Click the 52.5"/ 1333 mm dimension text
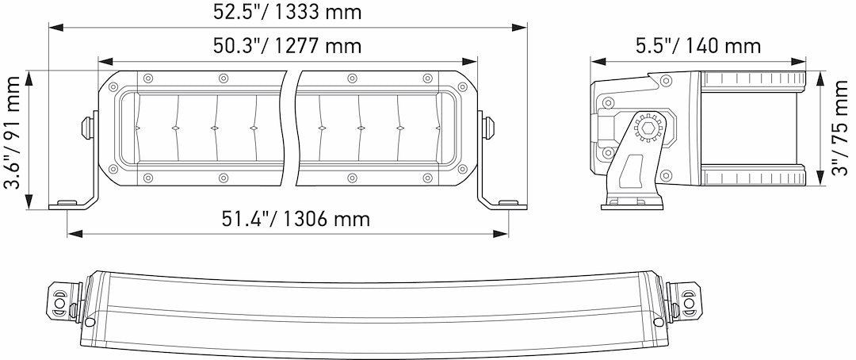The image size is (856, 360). point(288,12)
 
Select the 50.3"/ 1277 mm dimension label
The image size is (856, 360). point(287,46)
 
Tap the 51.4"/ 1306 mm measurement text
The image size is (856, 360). point(295,218)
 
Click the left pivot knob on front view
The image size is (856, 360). point(88,126)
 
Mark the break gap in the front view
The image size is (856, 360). point(291,127)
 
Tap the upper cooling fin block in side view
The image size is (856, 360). point(753,81)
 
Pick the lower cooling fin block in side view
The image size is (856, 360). point(753,175)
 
